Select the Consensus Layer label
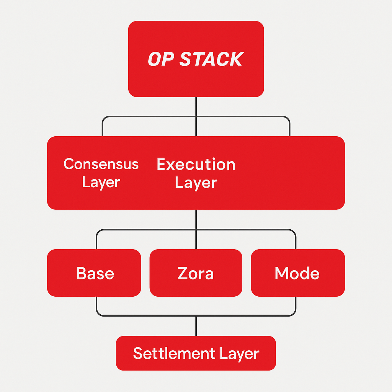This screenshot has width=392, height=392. tap(101, 173)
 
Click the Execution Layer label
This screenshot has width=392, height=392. tap(196, 173)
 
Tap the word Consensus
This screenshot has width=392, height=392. tap(101, 164)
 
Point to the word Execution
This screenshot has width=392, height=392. tap(196, 164)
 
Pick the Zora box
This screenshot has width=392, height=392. tap(196, 273)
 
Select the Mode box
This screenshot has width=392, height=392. tap(297, 273)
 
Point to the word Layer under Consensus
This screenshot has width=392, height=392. tap(101, 182)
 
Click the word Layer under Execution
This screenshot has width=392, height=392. tap(196, 183)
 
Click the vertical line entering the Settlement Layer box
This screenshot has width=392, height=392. tap(196, 326)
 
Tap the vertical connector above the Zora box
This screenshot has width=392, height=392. tap(196, 239)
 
